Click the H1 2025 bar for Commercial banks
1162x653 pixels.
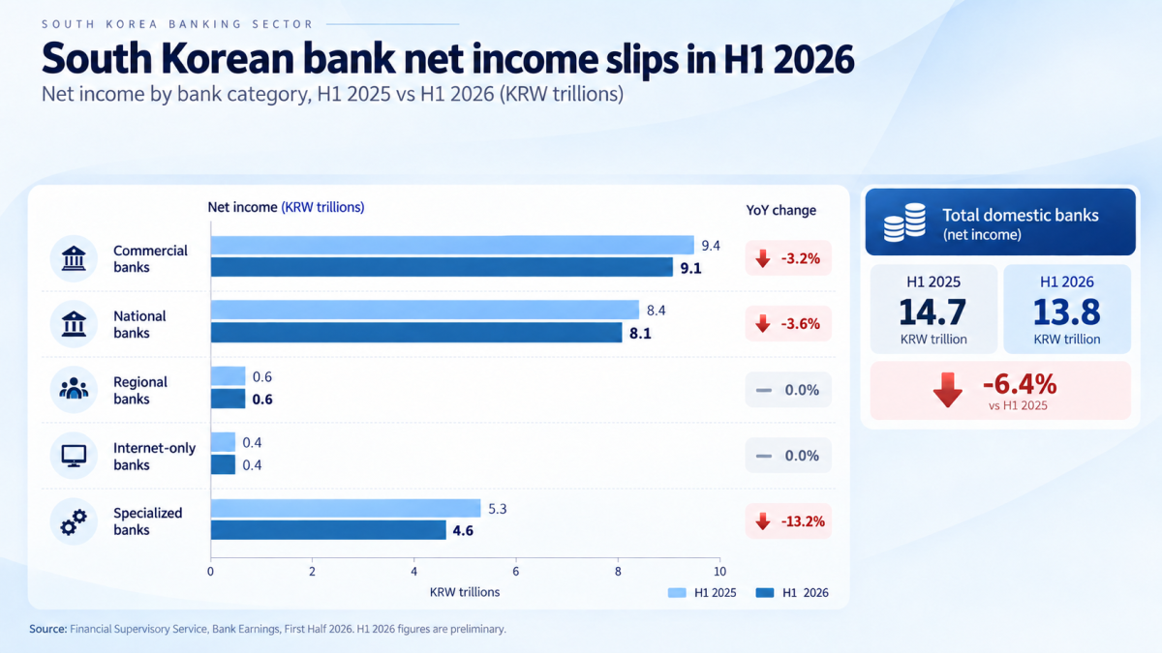click(452, 245)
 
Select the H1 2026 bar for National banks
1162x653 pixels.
click(416, 332)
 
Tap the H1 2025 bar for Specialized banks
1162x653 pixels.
click(346, 509)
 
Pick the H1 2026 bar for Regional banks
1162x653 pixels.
click(229, 399)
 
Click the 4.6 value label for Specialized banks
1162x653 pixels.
click(463, 531)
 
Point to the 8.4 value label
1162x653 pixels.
click(656, 311)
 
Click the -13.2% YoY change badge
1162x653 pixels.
click(788, 520)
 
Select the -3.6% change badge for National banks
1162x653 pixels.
click(788, 324)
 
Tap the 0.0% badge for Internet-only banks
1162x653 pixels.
click(788, 456)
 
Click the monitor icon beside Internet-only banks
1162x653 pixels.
click(74, 456)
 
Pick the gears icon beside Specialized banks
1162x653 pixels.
click(74, 521)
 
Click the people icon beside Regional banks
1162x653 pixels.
click(74, 389)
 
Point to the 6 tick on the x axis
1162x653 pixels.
click(515, 571)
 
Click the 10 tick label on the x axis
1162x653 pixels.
click(719, 571)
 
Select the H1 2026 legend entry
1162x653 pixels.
click(792, 592)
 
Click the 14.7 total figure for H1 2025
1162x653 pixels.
click(933, 312)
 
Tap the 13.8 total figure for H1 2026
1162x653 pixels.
click(1066, 312)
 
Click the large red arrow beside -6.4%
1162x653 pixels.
click(948, 390)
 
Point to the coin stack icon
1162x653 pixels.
click(904, 223)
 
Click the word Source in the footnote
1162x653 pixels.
click(47, 629)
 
